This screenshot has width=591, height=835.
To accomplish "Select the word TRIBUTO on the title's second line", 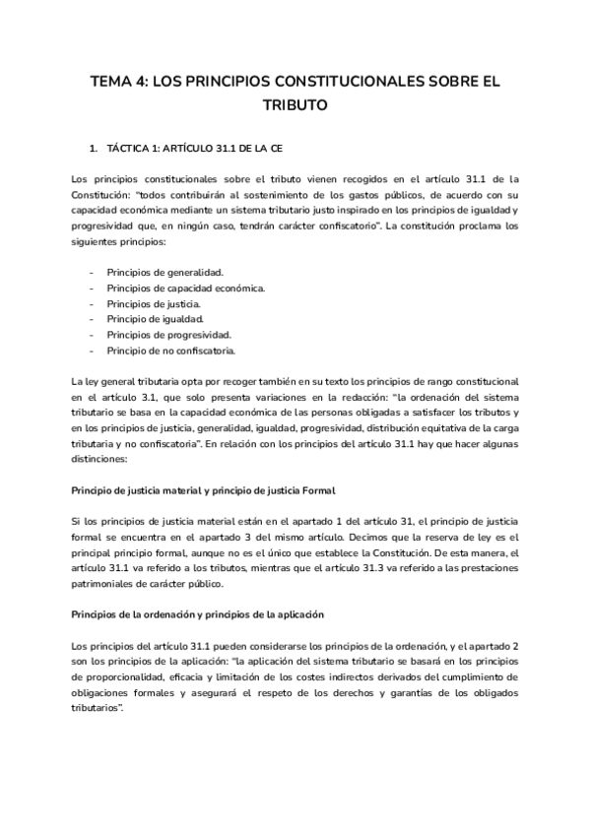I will point(295,104).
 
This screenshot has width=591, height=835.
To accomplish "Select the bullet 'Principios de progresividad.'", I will point(169,335).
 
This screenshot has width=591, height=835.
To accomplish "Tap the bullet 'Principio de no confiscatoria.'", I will point(172,351).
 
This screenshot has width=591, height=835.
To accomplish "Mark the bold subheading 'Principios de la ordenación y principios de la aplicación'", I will point(198,614).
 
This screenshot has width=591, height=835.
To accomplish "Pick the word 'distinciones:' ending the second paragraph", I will point(100,459).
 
